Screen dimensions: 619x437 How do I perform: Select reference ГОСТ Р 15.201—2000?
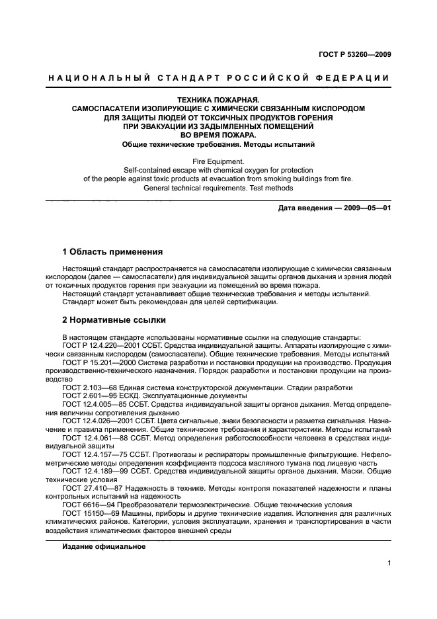[x=99, y=363]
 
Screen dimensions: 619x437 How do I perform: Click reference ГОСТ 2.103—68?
[x=89, y=388]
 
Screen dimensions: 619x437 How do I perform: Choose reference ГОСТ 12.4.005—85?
[x=94, y=404]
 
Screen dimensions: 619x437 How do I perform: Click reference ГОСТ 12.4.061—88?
[x=94, y=438]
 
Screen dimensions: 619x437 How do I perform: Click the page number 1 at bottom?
[x=389, y=563]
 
